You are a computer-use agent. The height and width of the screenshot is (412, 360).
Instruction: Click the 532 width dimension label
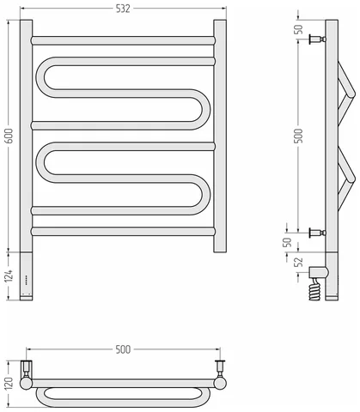tap(123, 9)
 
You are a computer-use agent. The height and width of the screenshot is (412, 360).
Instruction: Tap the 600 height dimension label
tap(9, 136)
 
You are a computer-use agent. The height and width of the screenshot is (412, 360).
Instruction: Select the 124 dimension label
tap(9, 276)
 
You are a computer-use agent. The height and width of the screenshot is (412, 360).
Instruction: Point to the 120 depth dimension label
tap(9, 383)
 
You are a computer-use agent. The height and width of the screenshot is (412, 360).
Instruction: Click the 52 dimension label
tap(299, 262)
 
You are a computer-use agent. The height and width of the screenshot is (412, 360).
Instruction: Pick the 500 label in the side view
tap(298, 136)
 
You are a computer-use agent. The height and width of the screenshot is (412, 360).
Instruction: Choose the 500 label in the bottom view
tap(123, 349)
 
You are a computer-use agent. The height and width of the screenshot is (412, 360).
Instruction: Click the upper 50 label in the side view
tap(298, 29)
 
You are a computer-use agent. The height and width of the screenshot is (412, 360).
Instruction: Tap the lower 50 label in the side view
tap(287, 242)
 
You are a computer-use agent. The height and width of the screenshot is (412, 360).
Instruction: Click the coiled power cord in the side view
tap(314, 289)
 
